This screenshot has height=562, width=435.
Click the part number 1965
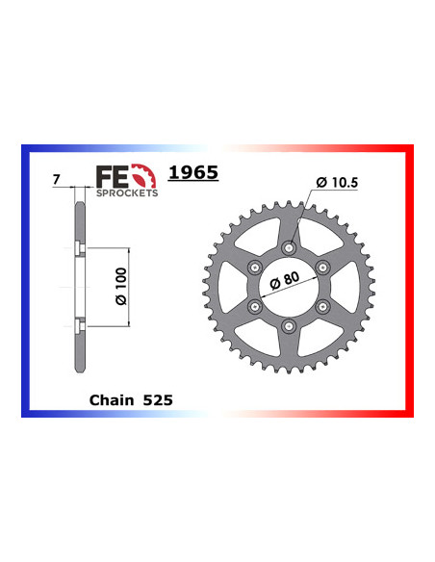click(193, 173)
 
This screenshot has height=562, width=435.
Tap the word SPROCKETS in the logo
click(126, 192)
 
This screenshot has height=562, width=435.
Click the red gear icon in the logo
click(144, 176)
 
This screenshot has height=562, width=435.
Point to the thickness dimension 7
click(59, 179)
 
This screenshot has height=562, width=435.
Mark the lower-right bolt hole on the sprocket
click(322, 306)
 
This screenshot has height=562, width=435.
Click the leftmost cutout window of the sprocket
click(231, 287)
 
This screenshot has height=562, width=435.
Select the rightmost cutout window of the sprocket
click(347, 287)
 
